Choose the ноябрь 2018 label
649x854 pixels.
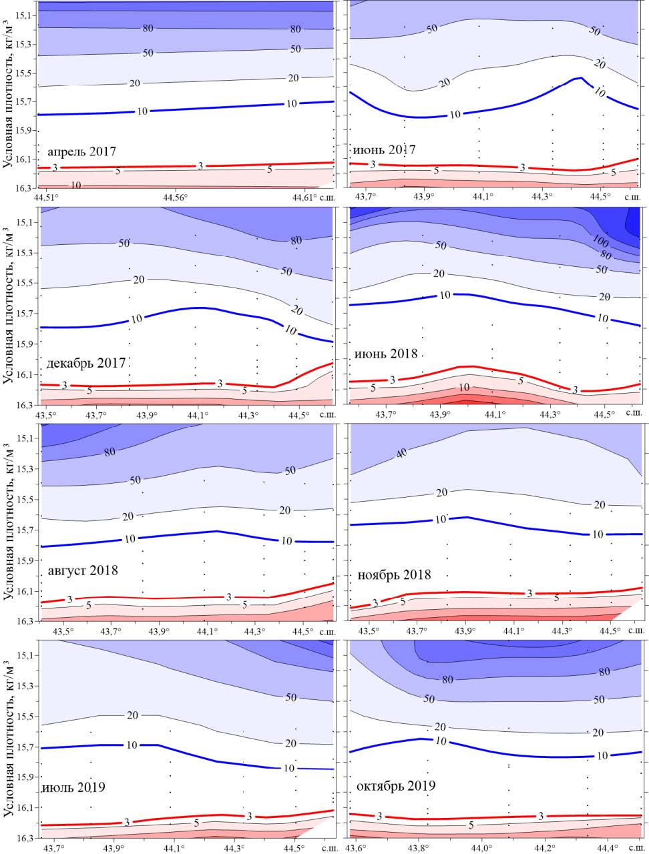(x=394, y=574)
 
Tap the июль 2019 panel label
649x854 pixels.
(x=73, y=787)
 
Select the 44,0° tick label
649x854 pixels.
(x=481, y=847)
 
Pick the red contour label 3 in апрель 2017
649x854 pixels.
(x=200, y=165)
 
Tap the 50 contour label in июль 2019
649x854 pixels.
(x=290, y=697)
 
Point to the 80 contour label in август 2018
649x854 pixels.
(x=111, y=451)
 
